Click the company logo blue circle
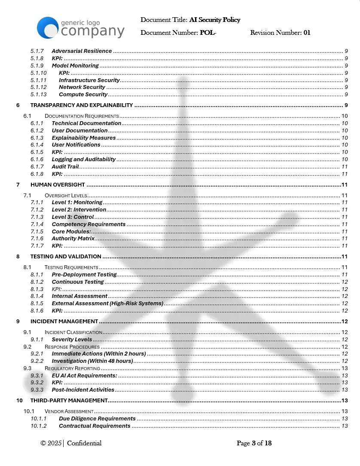pos(47,28)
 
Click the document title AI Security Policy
pos(214,20)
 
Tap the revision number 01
pos(307,33)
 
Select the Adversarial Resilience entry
pos(82,51)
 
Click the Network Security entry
pos(82,87)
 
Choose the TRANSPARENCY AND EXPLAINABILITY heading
pos(82,105)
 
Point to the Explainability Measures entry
pos(84,138)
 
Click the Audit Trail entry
pos(65,167)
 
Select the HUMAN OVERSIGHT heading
pos(58,185)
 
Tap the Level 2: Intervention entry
pos(79,210)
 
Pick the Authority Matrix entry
pos(73,239)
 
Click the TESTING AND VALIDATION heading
pos(66,257)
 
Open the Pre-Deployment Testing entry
pos(84,275)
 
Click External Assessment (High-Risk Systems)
pos(107,304)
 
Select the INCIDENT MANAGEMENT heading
pos(64,322)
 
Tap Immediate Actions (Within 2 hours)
pos(99,354)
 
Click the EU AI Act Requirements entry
pos(84,376)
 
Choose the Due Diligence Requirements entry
pos(97,419)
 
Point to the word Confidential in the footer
pos(84,443)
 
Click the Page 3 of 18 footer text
pos(254,443)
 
